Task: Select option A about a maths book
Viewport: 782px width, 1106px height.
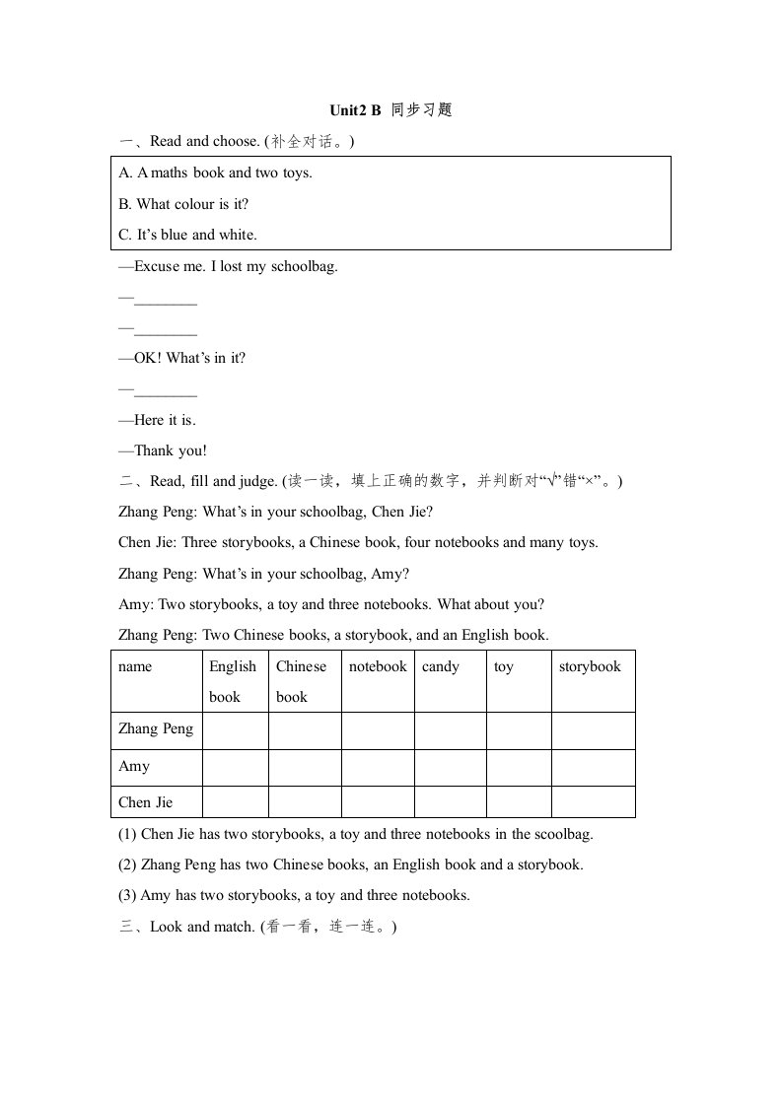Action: [x=215, y=173]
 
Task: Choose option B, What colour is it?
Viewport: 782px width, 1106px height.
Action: [x=183, y=204]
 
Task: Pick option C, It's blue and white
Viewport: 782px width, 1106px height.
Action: [x=187, y=235]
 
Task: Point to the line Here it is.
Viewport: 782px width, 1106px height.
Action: [x=158, y=420]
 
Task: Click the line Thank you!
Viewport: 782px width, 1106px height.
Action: [x=163, y=450]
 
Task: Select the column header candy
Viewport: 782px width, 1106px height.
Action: [x=441, y=666]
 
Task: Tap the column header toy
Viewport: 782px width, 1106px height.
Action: [x=504, y=666]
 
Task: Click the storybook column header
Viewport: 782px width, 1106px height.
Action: [x=590, y=666]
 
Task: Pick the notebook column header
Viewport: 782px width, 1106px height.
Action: [x=378, y=666]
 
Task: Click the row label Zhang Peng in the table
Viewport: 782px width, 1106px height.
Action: [x=156, y=728]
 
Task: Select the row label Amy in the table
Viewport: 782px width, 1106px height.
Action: [x=134, y=766]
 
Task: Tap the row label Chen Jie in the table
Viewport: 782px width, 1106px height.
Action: [x=145, y=802]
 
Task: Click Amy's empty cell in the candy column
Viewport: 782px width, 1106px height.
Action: [x=451, y=767]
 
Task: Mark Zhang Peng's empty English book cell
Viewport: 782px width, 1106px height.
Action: [x=236, y=730]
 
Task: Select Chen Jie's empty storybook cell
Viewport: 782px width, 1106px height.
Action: [x=593, y=802]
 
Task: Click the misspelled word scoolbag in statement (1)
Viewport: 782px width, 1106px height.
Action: [x=562, y=834]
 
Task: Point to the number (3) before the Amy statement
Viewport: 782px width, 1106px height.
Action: [x=127, y=896]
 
